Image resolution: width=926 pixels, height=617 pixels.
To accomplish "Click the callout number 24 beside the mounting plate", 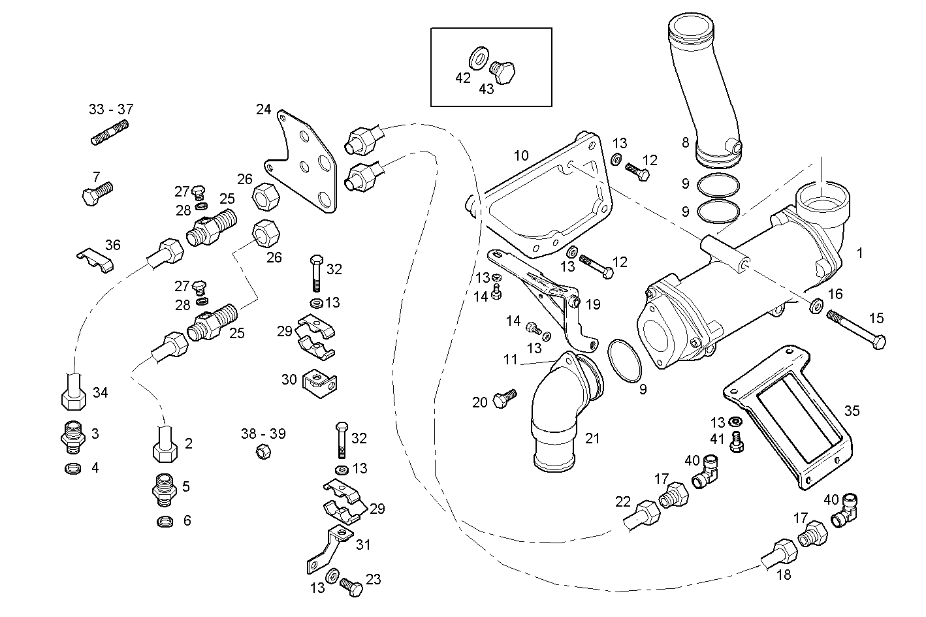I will tap(263, 109).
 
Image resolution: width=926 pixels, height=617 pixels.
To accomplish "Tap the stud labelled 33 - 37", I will tap(109, 132).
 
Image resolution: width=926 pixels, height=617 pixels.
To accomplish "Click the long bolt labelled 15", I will tap(855, 329).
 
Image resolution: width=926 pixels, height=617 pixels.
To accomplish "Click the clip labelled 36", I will tap(96, 260).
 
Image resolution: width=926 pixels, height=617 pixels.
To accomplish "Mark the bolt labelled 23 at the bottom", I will tap(352, 586).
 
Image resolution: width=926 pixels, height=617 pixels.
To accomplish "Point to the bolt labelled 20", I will tap(504, 398).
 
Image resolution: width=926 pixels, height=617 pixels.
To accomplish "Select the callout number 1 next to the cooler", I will tap(859, 253).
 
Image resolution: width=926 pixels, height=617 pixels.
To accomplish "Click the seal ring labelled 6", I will tap(167, 521).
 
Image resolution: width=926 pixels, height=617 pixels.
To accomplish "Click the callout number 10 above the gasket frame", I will tap(520, 155).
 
